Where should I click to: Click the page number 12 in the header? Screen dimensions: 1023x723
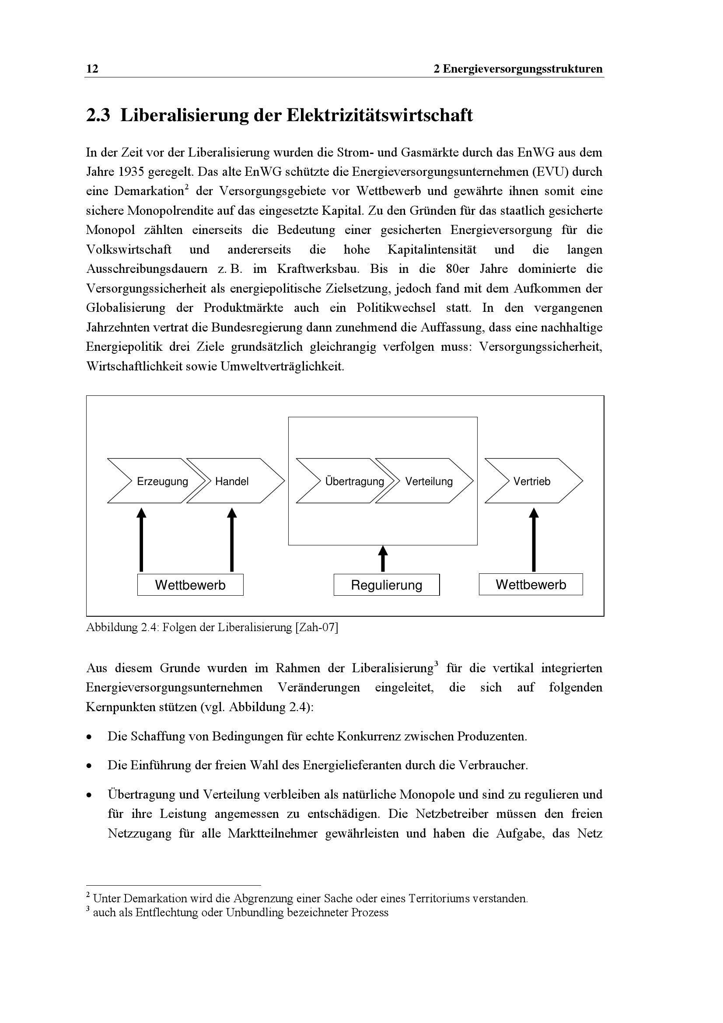[x=92, y=69]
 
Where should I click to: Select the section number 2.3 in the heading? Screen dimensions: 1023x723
[x=98, y=115]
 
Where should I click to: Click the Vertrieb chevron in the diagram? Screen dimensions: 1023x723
[x=533, y=481]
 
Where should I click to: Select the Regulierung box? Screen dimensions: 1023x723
[x=386, y=585]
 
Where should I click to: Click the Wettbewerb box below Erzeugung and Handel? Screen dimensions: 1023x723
[x=190, y=585]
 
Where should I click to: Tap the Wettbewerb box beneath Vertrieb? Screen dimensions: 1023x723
[x=531, y=585]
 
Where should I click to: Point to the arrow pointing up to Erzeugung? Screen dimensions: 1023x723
[x=141, y=540]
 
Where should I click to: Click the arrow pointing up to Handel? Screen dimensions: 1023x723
[x=232, y=540]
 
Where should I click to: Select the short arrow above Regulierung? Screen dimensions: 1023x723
[x=383, y=559]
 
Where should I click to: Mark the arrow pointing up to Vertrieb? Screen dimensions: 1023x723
[x=534, y=540]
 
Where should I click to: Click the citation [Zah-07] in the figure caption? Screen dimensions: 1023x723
[x=316, y=628]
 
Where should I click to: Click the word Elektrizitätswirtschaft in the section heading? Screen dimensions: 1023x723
[x=379, y=115]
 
